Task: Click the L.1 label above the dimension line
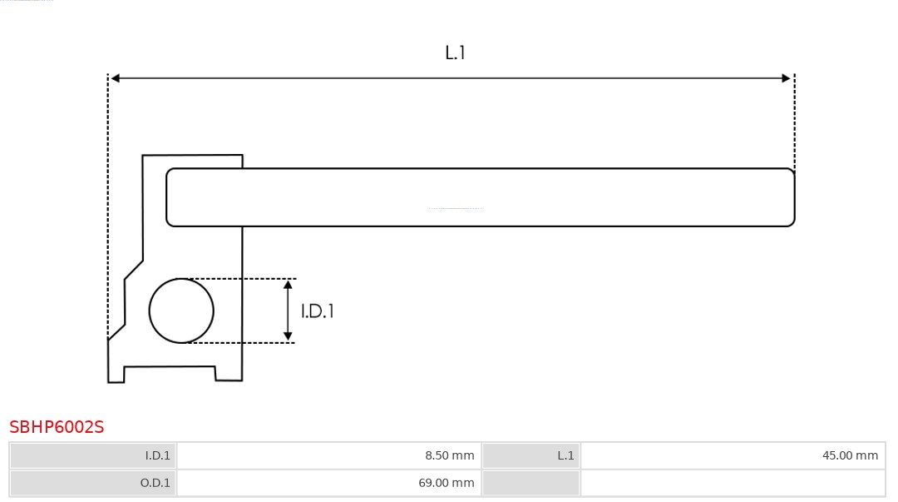click(455, 52)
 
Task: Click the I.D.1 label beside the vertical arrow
click(317, 311)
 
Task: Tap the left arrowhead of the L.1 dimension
click(116, 78)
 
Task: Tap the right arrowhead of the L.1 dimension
click(786, 78)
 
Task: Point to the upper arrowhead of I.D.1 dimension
click(288, 285)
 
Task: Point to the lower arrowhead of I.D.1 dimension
click(288, 336)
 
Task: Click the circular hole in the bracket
click(181, 311)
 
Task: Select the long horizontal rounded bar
click(480, 197)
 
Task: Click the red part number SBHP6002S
click(57, 427)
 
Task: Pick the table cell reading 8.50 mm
click(329, 455)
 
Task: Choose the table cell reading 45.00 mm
click(733, 455)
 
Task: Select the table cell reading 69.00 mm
click(329, 483)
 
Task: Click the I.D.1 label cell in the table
click(93, 455)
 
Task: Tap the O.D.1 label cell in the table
click(93, 483)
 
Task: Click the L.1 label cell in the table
click(531, 455)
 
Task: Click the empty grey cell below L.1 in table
click(531, 483)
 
